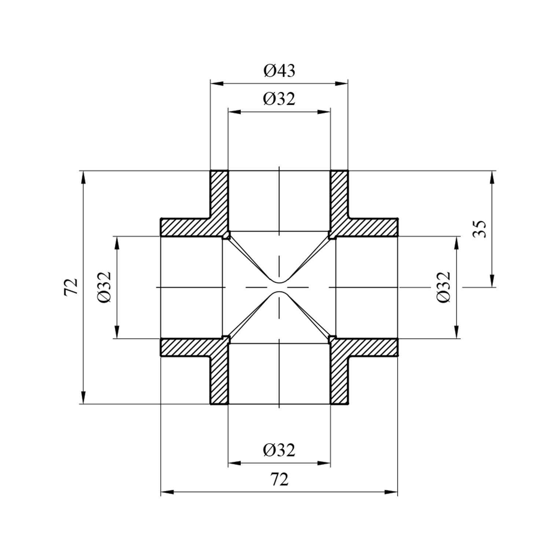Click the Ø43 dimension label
pyautogui.click(x=279, y=71)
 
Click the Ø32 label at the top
pyautogui.click(x=279, y=99)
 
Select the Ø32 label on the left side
pyautogui.click(x=104, y=287)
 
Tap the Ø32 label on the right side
pyautogui.click(x=444, y=287)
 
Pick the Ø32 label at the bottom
pyautogui.click(x=279, y=450)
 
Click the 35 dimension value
pyautogui.click(x=480, y=229)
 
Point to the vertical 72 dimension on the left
pyautogui.click(x=71, y=287)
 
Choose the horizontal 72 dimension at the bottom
pyautogui.click(x=279, y=480)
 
